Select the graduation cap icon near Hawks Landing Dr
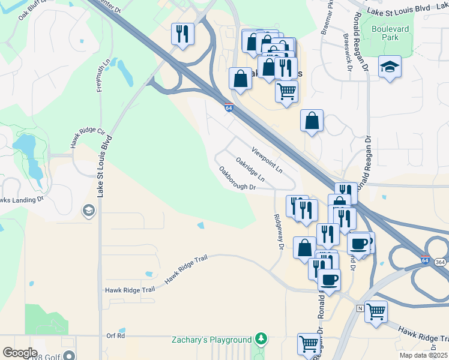coord(89,210)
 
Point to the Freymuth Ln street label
coord(103,75)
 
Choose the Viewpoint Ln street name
coord(267,160)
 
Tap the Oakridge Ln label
coord(250,169)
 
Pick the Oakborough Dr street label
coord(238,179)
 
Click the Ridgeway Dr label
coord(278,232)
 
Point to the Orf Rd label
coord(115,336)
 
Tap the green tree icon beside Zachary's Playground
coord(261,339)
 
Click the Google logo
coord(20,353)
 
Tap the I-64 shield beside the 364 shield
coord(425,260)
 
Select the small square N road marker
coord(360,308)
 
